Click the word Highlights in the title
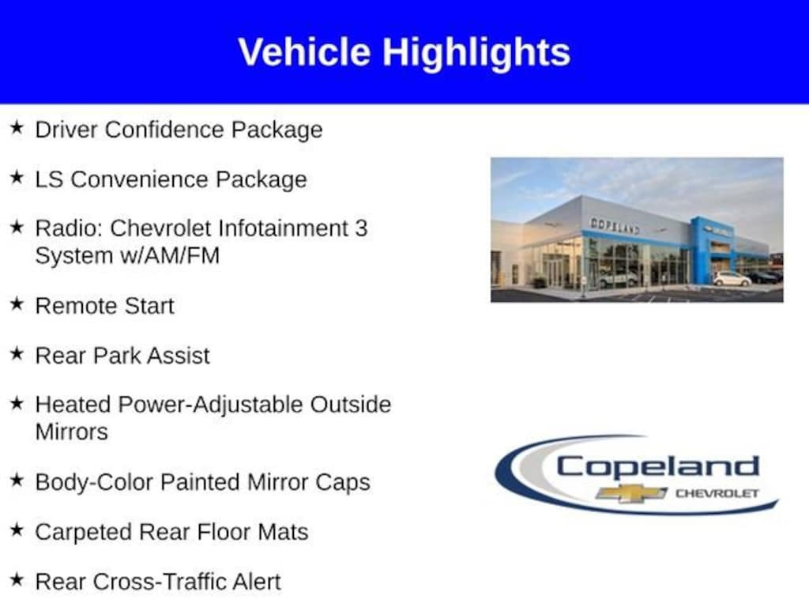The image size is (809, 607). [476, 53]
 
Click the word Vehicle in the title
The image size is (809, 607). [304, 52]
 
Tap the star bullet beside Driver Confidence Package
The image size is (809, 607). [17, 127]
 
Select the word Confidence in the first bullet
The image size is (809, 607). [164, 129]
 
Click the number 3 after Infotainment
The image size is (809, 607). [361, 228]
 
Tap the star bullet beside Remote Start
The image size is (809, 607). [17, 304]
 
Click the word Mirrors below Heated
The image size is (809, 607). [72, 432]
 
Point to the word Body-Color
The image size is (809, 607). [95, 483]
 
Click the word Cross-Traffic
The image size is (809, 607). [159, 582]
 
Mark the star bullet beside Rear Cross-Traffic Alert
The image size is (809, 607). [17, 579]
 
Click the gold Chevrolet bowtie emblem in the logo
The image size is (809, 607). [631, 493]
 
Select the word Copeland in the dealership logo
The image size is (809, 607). [658, 467]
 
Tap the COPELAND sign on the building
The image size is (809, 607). [615, 225]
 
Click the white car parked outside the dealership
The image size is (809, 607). [732, 279]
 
